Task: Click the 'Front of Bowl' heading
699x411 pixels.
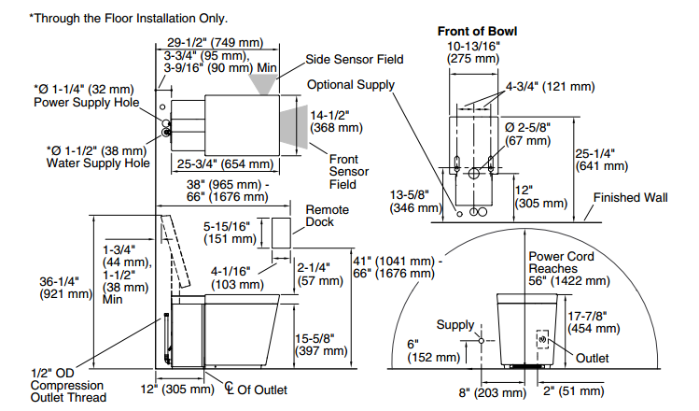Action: tap(477, 31)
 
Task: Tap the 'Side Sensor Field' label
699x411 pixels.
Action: tap(355, 59)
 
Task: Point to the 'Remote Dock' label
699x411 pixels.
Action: tap(327, 217)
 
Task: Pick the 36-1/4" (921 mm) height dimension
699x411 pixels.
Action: tap(65, 287)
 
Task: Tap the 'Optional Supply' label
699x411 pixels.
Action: tap(352, 84)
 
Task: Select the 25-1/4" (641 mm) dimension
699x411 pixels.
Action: tap(599, 161)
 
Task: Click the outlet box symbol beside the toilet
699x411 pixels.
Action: tap(541, 341)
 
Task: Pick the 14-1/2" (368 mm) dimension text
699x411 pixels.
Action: tap(336, 120)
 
